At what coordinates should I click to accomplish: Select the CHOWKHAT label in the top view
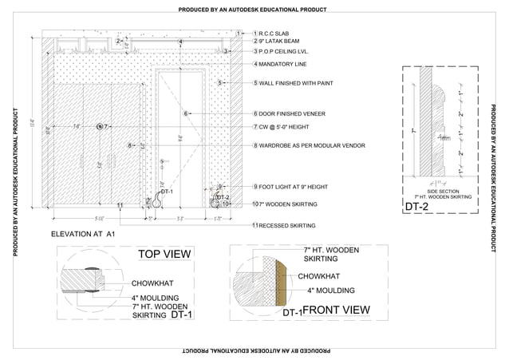(x=152, y=283)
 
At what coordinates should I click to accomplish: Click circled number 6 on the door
(x=185, y=114)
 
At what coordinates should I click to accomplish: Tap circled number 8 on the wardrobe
(x=129, y=146)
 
